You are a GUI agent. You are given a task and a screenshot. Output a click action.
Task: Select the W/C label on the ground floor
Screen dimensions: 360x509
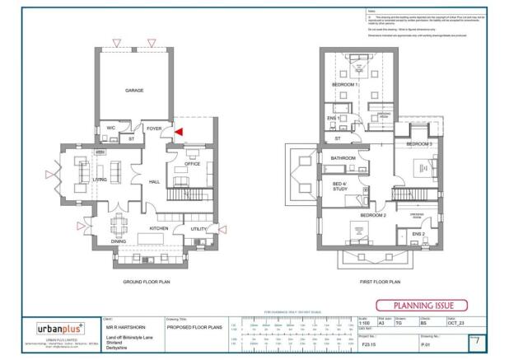click(x=110, y=128)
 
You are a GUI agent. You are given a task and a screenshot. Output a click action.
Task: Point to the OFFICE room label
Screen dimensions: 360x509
click(x=193, y=164)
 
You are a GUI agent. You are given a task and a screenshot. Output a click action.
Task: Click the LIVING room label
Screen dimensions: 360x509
click(x=100, y=179)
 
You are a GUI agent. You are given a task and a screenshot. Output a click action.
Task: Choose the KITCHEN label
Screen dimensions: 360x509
click(x=159, y=228)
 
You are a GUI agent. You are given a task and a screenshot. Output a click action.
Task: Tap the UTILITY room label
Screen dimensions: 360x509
click(x=198, y=228)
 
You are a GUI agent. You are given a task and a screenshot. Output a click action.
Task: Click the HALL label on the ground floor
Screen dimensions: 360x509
click(x=153, y=183)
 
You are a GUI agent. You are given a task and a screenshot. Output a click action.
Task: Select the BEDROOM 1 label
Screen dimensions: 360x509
click(x=344, y=85)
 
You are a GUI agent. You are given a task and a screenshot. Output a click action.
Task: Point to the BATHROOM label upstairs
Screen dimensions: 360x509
click(x=343, y=157)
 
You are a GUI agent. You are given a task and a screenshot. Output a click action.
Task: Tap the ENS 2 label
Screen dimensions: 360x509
click(x=418, y=234)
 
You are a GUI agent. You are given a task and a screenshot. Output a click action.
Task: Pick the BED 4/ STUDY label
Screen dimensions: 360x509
click(x=339, y=186)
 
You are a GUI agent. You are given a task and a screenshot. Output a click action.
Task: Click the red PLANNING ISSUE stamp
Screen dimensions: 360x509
click(x=422, y=305)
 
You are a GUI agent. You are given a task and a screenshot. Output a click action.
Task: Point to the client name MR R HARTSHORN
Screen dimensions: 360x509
click(x=123, y=328)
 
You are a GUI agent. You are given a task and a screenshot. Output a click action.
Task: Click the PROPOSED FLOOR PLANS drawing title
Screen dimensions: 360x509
click(x=195, y=327)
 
